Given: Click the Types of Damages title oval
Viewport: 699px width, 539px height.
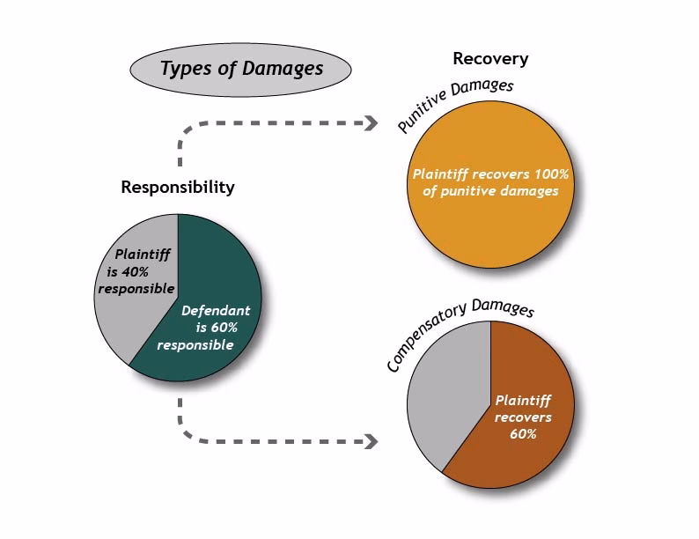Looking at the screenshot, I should click(240, 69).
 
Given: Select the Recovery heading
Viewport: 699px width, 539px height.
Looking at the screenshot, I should click(490, 59).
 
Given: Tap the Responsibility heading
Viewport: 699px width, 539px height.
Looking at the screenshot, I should click(178, 187).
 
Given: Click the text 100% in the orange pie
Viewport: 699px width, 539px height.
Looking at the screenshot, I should click(549, 174).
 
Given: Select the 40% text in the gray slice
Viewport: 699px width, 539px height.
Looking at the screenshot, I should click(131, 272).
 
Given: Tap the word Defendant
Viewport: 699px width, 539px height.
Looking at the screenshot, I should click(216, 311).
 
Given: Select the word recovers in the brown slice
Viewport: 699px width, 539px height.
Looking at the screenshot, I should click(523, 417).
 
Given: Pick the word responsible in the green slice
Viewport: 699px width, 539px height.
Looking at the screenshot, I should click(195, 344).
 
